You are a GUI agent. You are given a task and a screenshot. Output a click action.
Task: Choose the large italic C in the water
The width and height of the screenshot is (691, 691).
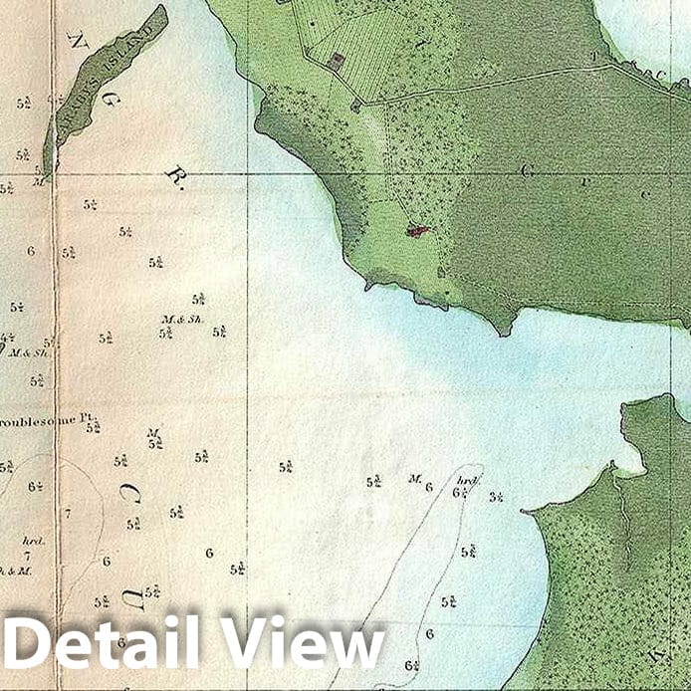(x=129, y=493)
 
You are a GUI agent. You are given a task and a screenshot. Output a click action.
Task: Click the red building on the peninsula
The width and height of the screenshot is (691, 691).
(x=418, y=231)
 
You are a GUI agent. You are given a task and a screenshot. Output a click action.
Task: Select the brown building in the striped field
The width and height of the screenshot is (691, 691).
(x=336, y=61)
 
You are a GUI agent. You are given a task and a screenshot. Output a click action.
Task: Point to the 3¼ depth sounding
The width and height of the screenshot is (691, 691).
(x=496, y=496)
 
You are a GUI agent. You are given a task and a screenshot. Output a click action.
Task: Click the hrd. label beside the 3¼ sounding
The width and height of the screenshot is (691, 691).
(x=470, y=480)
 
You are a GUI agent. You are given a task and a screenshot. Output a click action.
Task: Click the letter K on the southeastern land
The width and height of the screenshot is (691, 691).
(x=656, y=656)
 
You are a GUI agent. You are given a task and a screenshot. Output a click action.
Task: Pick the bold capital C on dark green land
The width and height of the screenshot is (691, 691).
(x=528, y=170)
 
